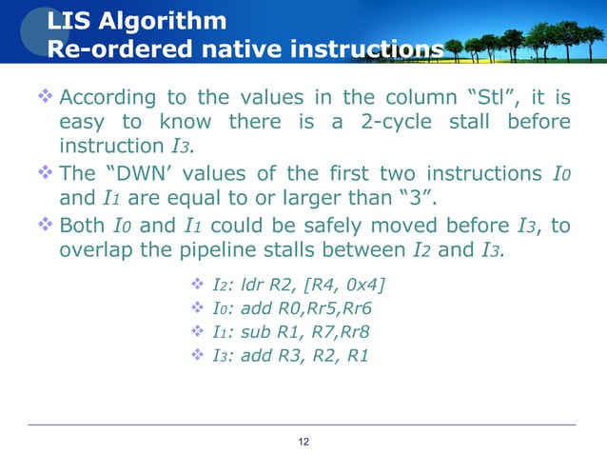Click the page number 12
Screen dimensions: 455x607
[303, 441]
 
